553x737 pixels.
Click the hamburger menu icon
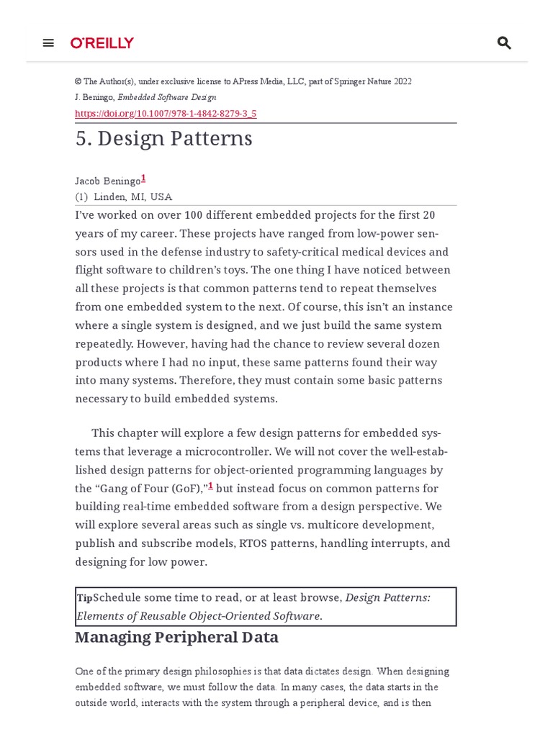click(x=48, y=43)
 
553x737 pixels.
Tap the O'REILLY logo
click(x=102, y=43)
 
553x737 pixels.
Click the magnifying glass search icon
click(x=504, y=43)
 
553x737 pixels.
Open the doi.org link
click(x=166, y=113)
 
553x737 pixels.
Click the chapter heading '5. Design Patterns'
click(x=163, y=138)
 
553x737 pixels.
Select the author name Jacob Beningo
click(x=107, y=181)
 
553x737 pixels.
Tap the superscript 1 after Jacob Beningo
click(x=143, y=178)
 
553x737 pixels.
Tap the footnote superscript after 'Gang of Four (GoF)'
click(x=210, y=486)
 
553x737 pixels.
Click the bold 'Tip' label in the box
click(x=84, y=598)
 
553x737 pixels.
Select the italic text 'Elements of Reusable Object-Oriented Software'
click(x=199, y=616)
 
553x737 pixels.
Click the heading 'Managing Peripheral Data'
click(x=176, y=638)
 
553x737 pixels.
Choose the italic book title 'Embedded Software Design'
click(x=166, y=97)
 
